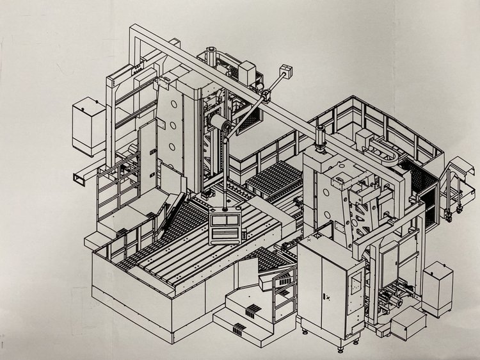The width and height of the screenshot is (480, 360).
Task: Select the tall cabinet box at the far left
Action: coord(88,126)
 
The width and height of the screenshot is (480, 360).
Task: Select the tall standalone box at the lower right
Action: coord(437,289)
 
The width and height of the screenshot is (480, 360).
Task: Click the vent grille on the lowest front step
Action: coord(237,330)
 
